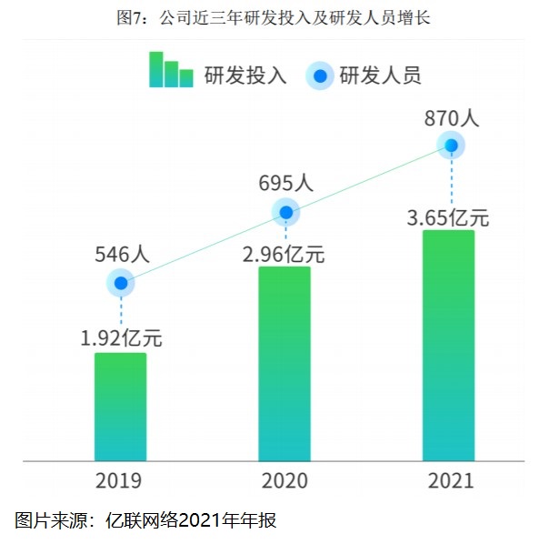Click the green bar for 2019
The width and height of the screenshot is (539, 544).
click(120, 407)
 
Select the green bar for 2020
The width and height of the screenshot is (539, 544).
click(284, 364)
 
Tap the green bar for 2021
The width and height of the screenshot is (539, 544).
click(449, 346)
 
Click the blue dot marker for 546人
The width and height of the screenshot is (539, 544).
click(120, 283)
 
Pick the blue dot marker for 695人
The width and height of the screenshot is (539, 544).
click(285, 213)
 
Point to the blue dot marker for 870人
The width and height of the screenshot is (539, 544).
click(451, 145)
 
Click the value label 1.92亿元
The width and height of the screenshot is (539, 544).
click(121, 338)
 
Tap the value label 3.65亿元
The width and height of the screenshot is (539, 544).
click(448, 217)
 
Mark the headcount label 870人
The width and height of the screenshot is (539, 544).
click(451, 117)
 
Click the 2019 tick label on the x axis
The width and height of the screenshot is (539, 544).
click(120, 480)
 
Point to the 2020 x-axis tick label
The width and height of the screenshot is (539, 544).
click(284, 480)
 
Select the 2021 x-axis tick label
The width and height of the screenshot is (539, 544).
click(450, 480)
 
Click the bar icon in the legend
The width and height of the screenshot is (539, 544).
click(171, 70)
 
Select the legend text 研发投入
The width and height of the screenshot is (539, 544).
click(245, 76)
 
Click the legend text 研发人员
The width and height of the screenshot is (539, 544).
click(380, 76)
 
